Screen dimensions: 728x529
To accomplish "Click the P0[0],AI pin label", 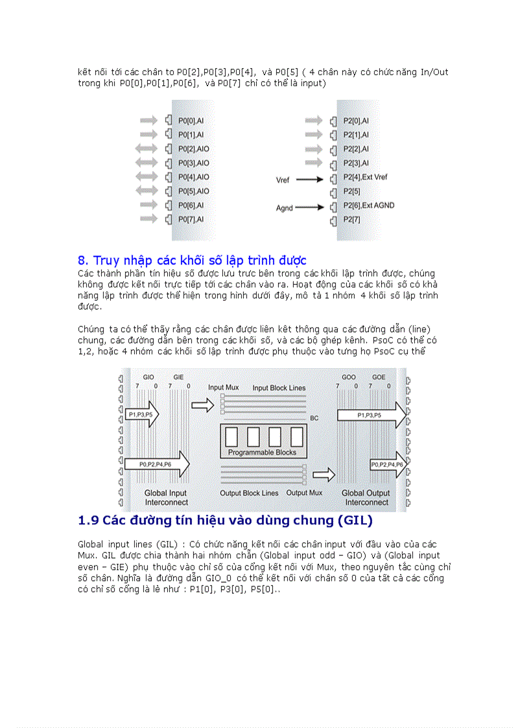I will point(191,121).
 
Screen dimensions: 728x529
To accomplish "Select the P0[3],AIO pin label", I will point(194,163).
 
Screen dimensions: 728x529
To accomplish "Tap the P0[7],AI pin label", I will point(191,219).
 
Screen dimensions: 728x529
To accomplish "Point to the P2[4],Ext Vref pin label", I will point(365,177).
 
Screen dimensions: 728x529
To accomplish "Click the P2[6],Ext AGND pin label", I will point(368,205).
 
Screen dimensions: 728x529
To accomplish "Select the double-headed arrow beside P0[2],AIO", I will point(147,148).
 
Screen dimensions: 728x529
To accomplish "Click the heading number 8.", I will point(82,261).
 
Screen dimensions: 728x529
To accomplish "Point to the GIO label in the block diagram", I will point(148,377).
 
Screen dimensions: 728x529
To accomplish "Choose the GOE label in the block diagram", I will point(379,377).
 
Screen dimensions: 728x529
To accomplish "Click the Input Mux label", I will point(223,387).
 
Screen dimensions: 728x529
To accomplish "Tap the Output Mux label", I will point(304,493).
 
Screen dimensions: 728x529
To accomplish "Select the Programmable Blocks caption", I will point(262,452).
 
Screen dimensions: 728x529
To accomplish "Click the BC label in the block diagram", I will point(314,418).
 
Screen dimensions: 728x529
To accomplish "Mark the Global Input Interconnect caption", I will point(166,497).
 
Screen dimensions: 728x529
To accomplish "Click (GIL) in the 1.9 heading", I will point(351,521).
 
